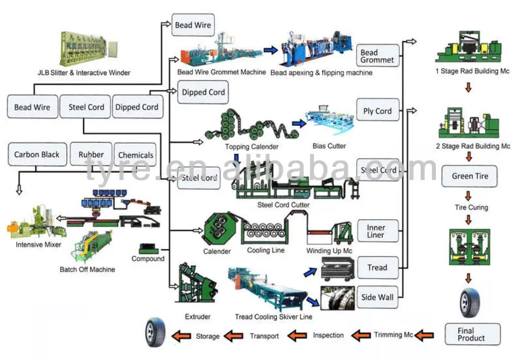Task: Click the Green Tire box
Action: (469, 176)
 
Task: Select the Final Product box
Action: (472, 334)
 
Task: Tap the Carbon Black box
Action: (37, 155)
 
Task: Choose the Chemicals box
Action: (135, 155)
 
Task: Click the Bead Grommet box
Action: (378, 55)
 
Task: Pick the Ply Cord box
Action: (378, 110)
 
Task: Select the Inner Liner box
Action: (378, 231)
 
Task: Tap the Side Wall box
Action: (378, 297)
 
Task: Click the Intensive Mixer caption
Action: (38, 245)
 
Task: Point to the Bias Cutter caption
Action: (330, 145)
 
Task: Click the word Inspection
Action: (328, 335)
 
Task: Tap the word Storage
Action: (207, 337)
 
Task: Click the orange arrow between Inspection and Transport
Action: (297, 335)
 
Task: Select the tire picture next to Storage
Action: (155, 333)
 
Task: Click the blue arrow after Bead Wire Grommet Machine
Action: (271, 50)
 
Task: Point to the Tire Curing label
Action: (471, 207)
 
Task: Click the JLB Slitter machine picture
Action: (88, 49)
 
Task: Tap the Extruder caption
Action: (198, 317)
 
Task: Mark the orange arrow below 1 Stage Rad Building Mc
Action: (468, 87)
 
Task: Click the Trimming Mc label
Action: (393, 335)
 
